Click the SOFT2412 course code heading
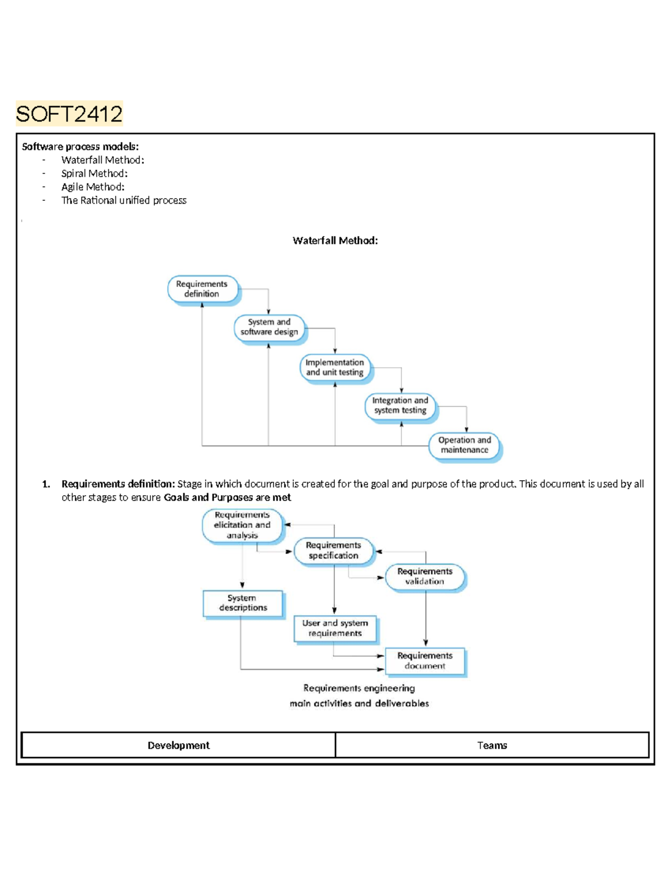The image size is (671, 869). tap(69, 114)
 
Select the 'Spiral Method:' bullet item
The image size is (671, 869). tap(94, 173)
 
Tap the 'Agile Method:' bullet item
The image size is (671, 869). tap(93, 187)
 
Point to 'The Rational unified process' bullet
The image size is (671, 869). tap(124, 200)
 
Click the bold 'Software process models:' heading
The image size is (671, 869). tap(80, 147)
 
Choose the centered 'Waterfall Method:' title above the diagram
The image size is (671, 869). tap(335, 241)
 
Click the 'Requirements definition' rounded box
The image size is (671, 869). tap(202, 289)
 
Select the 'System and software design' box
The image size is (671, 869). tap(269, 327)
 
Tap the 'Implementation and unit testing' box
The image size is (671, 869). tap(334, 367)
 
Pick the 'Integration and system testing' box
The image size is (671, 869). tap(400, 406)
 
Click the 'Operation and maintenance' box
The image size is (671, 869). tap(464, 445)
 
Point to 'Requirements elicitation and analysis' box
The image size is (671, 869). tap(242, 525)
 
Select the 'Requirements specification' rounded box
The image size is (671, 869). tap(333, 551)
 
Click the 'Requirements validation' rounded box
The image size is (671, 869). tap(425, 576)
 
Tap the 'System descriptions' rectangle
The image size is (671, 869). tap(243, 603)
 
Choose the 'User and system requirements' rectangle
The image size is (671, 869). tap(335, 628)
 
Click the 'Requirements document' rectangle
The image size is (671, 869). tap(425, 661)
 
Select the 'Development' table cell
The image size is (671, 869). tap(178, 745)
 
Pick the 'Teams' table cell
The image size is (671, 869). tap(492, 745)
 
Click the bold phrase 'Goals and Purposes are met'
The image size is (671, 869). tap(227, 497)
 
